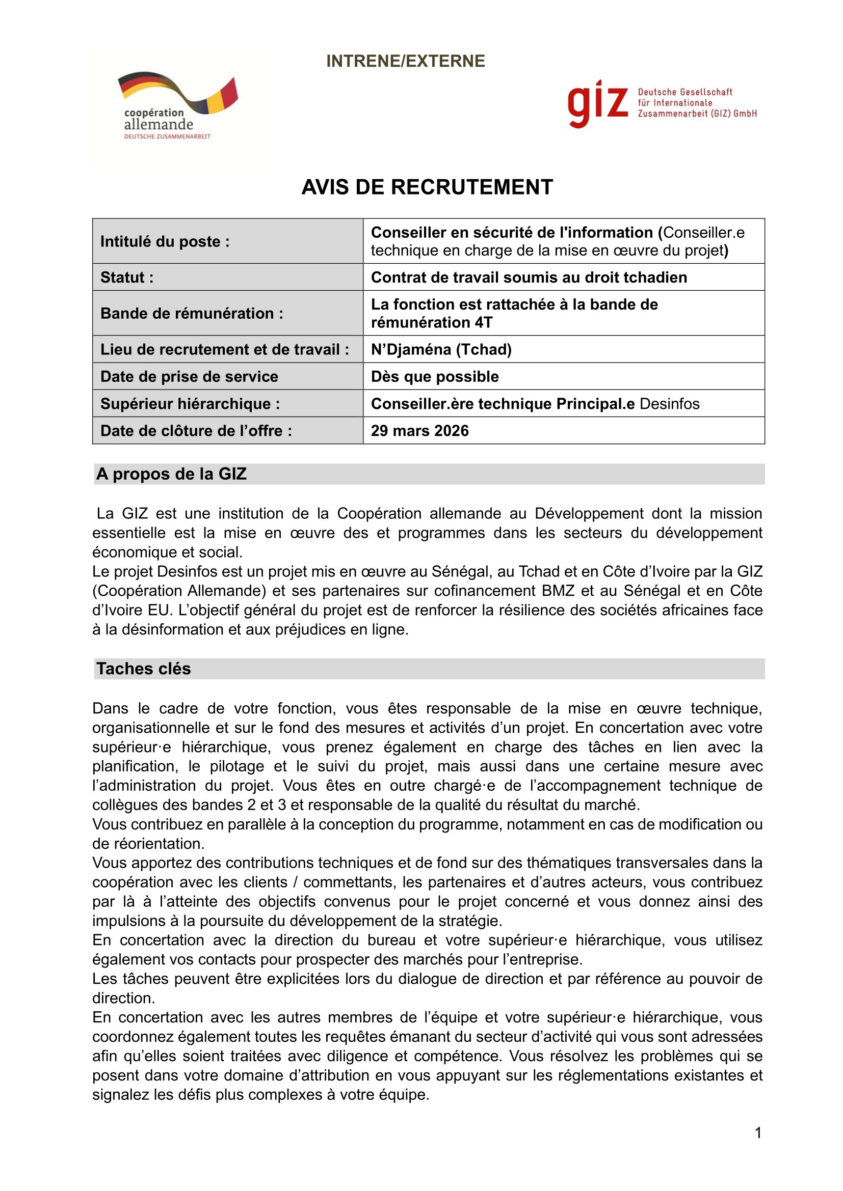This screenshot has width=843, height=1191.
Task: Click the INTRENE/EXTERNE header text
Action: point(405,61)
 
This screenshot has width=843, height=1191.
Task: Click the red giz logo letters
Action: point(597,104)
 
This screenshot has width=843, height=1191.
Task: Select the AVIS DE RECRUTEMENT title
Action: point(427,187)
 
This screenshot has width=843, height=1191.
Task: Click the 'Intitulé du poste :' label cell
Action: point(165,242)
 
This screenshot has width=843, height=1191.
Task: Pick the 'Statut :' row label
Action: point(127,278)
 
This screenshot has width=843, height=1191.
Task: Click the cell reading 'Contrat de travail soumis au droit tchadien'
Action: point(529,278)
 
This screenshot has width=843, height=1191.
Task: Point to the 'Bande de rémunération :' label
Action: point(192,313)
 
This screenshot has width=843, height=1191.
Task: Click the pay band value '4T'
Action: point(483,323)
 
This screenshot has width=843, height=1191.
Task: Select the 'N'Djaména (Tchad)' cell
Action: point(441,350)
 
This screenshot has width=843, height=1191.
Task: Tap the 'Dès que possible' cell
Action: point(434,377)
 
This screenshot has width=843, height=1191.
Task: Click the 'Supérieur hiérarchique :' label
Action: point(190,404)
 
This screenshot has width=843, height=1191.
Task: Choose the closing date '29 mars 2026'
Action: point(419,431)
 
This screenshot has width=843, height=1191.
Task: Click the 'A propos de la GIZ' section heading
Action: point(171,474)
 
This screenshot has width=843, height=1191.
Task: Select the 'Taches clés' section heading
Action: point(144,669)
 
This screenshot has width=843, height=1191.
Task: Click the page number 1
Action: point(758,1133)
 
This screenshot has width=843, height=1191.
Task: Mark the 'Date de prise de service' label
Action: point(189,377)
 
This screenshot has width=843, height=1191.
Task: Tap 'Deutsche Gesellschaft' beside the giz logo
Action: point(684,92)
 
